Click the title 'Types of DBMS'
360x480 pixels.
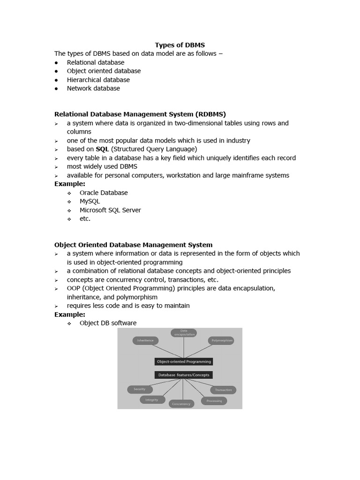pos(180,45)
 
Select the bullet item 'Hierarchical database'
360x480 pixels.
pos(98,80)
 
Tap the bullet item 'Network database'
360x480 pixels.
pos(93,88)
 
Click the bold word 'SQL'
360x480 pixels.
pos(102,149)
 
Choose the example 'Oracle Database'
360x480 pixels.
pos(104,193)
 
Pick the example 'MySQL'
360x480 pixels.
pos(90,201)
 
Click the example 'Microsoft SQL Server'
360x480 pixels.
pos(110,210)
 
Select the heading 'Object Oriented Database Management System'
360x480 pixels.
pos(133,245)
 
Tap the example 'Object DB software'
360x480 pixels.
pos(108,323)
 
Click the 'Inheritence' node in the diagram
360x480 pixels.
pos(145,341)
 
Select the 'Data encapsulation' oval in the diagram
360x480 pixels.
pos(184,333)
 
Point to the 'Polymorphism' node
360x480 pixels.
pos(221,341)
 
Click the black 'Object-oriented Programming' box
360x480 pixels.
pos(184,361)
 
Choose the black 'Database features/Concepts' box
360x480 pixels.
pos(184,375)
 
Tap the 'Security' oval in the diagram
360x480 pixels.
pos(140,389)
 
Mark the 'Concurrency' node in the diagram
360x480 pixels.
pos(181,404)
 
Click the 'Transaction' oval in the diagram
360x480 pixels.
pos(223,390)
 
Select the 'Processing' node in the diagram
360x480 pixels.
pos(214,401)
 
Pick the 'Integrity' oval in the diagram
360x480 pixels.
pos(152,400)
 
